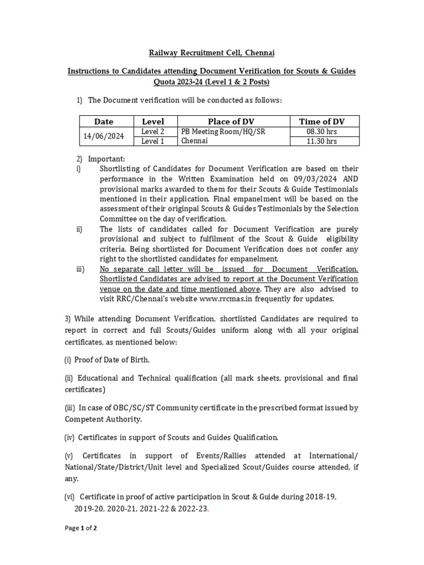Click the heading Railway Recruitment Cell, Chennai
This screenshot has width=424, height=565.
point(211,53)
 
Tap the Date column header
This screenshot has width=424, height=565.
point(104,121)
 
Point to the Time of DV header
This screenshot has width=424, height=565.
point(324,121)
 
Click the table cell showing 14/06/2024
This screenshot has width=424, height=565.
point(104,136)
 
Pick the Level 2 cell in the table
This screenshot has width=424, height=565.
point(153,132)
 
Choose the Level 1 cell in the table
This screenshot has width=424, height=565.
point(153,141)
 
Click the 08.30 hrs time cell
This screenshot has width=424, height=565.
point(324,132)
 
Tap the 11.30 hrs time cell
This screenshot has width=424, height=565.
point(324,141)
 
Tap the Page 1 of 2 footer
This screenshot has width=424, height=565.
point(81,528)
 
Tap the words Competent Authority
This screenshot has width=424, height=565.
point(103,419)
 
